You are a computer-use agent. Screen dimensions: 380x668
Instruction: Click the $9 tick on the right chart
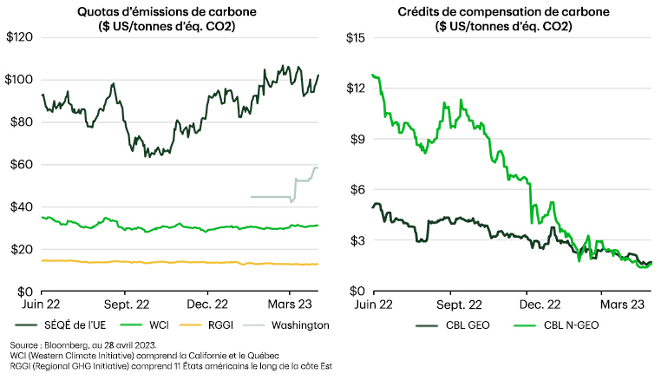(x=356, y=139)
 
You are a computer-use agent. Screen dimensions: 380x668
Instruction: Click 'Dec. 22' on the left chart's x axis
(x=206, y=306)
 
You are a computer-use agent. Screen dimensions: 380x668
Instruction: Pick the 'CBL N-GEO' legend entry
(x=554, y=325)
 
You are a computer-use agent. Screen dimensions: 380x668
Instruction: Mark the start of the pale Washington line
(x=251, y=197)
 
